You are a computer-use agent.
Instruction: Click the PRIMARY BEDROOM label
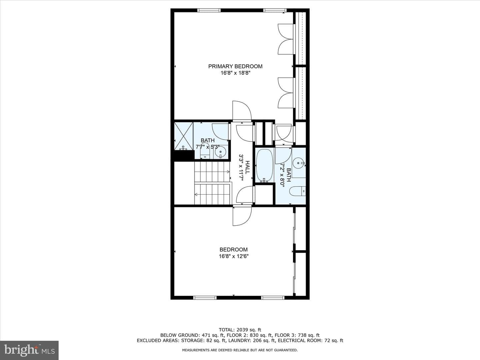coord(235,66)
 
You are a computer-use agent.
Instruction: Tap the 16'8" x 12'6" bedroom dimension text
coord(234,256)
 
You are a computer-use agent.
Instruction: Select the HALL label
coord(248,167)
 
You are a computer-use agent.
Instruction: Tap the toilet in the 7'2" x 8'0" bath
coord(297,191)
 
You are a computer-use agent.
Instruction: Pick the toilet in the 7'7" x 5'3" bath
coord(205,151)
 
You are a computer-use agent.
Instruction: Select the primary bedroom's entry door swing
coord(242,111)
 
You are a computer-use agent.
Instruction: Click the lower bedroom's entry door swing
coord(242,216)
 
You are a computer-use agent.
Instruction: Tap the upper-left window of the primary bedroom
coord(209,10)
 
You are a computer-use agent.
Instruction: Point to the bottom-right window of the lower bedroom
coord(273,297)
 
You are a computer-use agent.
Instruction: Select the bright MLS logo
coord(29,350)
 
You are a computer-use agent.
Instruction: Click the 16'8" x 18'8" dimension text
coord(235,73)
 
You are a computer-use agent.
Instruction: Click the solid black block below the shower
coord(184,156)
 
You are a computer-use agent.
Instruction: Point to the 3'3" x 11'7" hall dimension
coord(241,167)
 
